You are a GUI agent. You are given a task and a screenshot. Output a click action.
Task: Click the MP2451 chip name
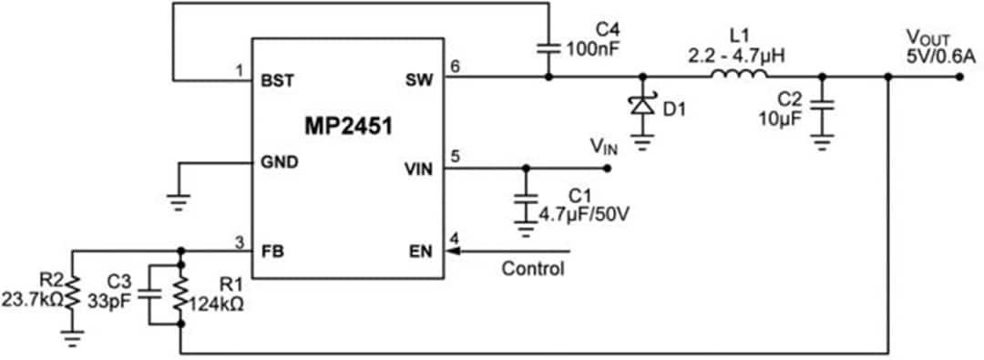click(348, 126)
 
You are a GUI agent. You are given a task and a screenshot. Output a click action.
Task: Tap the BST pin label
click(277, 79)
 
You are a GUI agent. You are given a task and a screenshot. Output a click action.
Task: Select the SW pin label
click(421, 79)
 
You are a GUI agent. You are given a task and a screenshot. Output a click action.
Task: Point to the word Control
click(533, 269)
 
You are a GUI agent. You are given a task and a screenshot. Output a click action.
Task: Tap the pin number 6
click(456, 66)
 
